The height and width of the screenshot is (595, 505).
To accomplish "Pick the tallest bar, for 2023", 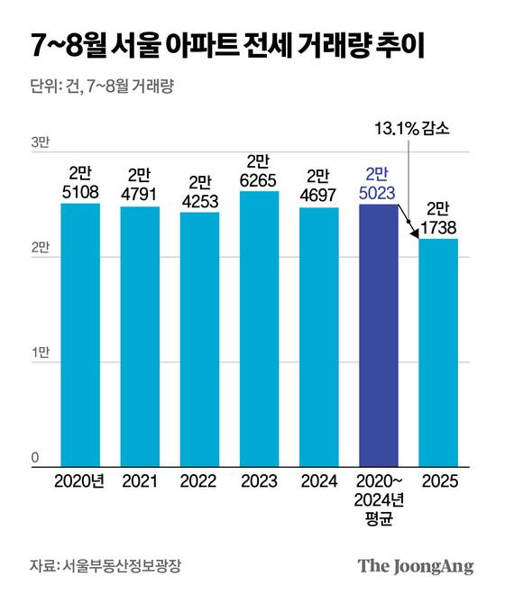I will tap(259, 329).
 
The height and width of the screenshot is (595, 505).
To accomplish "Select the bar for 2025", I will tap(437, 352).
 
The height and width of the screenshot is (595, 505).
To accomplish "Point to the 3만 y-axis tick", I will tap(41, 143).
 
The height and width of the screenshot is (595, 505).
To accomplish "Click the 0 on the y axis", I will tap(35, 457).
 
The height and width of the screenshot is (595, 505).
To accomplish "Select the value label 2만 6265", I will tap(259, 169).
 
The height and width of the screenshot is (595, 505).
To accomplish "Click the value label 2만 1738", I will tap(437, 216).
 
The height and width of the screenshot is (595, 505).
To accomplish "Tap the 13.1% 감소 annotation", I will tap(411, 128).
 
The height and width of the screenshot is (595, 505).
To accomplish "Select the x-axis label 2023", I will tap(259, 482).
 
